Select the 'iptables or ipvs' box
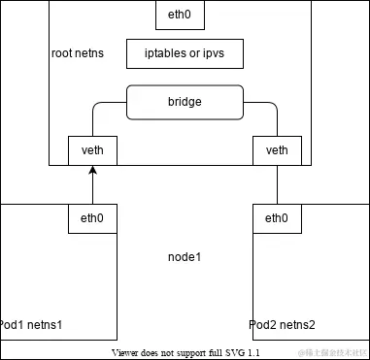(x=184, y=53)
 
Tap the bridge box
(x=184, y=102)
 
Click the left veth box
(x=92, y=150)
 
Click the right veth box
(x=277, y=150)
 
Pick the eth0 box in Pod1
(x=92, y=218)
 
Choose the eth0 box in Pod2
(x=277, y=218)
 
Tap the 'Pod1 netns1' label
(x=31, y=323)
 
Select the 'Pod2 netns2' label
(x=282, y=323)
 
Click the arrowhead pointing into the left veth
(x=92, y=171)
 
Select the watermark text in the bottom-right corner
(x=331, y=350)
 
